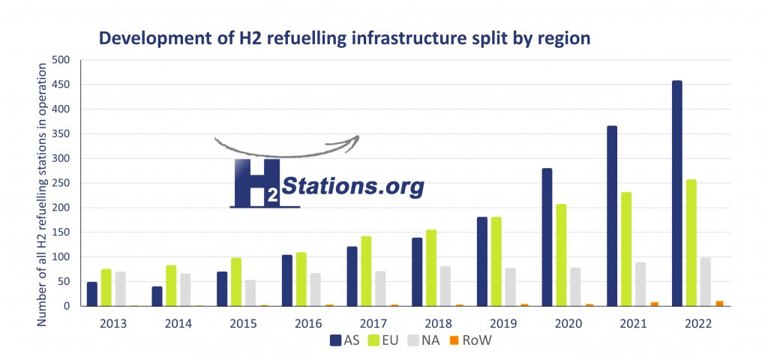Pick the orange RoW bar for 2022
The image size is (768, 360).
click(720, 303)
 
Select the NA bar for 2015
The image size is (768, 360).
click(250, 293)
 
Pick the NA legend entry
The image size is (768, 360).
click(430, 340)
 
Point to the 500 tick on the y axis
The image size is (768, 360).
click(69, 60)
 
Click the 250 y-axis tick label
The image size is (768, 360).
click(69, 183)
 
